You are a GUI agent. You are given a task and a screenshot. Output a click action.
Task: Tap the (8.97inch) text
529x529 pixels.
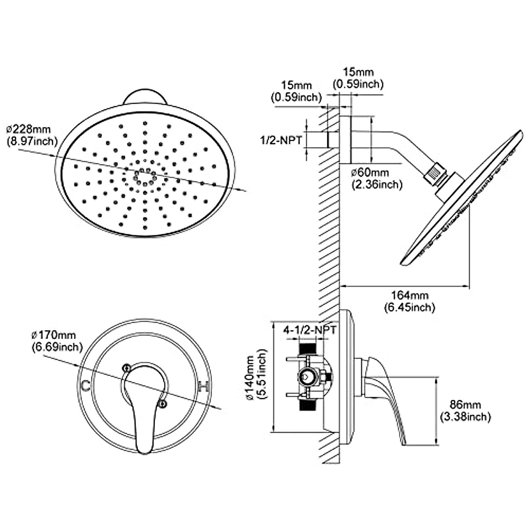click(x=32, y=141)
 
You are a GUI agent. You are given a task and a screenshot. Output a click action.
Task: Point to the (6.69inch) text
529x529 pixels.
click(x=57, y=347)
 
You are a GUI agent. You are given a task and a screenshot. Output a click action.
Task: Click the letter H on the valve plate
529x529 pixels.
click(x=203, y=387)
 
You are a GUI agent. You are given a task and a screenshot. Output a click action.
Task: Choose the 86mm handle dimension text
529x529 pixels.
click(x=465, y=404)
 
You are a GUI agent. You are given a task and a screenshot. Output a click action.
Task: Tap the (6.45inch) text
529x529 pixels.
click(x=410, y=307)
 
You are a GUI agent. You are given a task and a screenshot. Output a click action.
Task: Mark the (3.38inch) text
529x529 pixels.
click(x=465, y=416)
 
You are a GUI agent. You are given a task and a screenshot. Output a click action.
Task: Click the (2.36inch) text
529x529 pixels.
click(x=377, y=184)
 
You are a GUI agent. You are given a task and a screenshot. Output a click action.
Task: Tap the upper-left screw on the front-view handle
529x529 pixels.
click(x=127, y=367)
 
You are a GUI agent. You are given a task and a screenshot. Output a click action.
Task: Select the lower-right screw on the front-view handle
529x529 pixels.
click(x=163, y=402)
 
